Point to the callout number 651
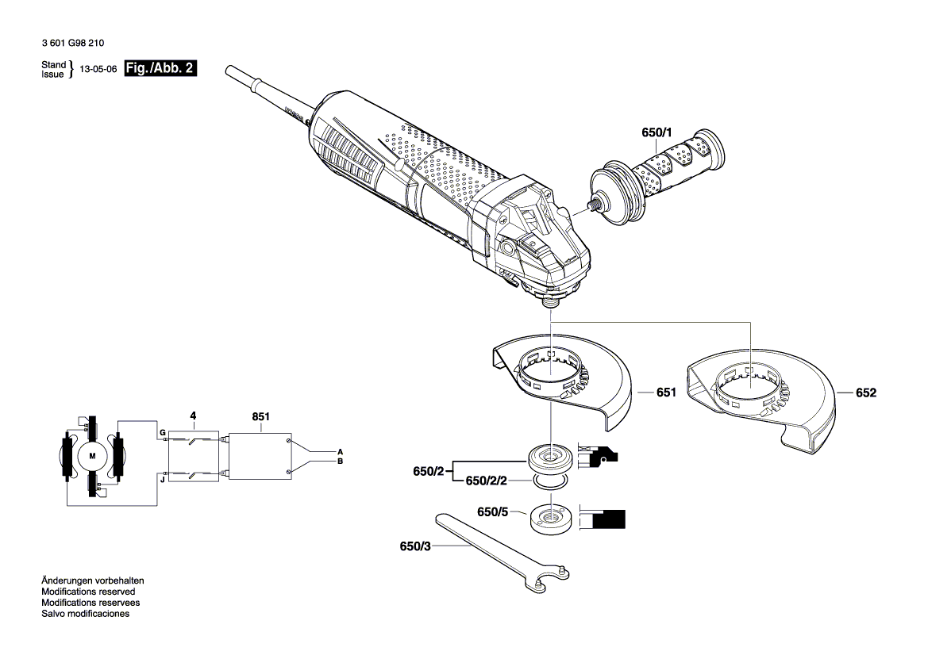pyautogui.click(x=666, y=393)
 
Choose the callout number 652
pyautogui.click(x=866, y=393)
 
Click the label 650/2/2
pyautogui.click(x=486, y=481)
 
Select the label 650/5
pyautogui.click(x=493, y=511)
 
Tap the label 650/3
pyautogui.click(x=416, y=546)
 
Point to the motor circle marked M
pyautogui.click(x=91, y=456)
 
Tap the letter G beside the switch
pyautogui.click(x=163, y=433)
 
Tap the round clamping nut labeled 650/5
pyautogui.click(x=548, y=519)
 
